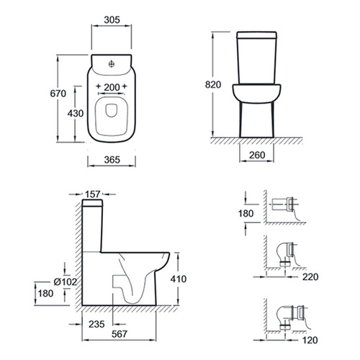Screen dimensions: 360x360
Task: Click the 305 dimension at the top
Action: (112, 20)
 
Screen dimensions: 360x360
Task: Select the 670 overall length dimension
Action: (58, 94)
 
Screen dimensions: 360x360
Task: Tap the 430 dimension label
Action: (76, 113)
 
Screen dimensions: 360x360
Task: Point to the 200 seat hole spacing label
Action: (112, 87)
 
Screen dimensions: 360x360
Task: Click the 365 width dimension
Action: (112, 160)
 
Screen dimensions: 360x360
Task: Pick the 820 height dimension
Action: (213, 85)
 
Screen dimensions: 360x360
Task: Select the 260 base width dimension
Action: (257, 156)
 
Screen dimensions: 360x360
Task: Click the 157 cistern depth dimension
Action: (93, 194)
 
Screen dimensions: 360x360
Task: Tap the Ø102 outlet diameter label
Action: (65, 282)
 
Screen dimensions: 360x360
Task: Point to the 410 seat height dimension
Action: (179, 279)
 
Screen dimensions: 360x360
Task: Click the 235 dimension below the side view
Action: (96, 324)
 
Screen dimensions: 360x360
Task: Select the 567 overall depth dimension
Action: (120, 334)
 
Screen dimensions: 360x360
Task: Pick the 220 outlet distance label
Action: (310, 277)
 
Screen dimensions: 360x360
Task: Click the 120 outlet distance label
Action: (310, 340)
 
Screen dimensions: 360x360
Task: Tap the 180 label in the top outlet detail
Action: (246, 213)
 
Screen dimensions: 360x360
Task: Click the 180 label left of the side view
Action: (45, 293)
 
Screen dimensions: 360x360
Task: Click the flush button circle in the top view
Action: (112, 64)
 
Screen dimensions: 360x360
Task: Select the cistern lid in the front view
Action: (257, 35)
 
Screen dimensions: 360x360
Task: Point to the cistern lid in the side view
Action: (92, 203)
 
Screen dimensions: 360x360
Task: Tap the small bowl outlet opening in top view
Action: (111, 111)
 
